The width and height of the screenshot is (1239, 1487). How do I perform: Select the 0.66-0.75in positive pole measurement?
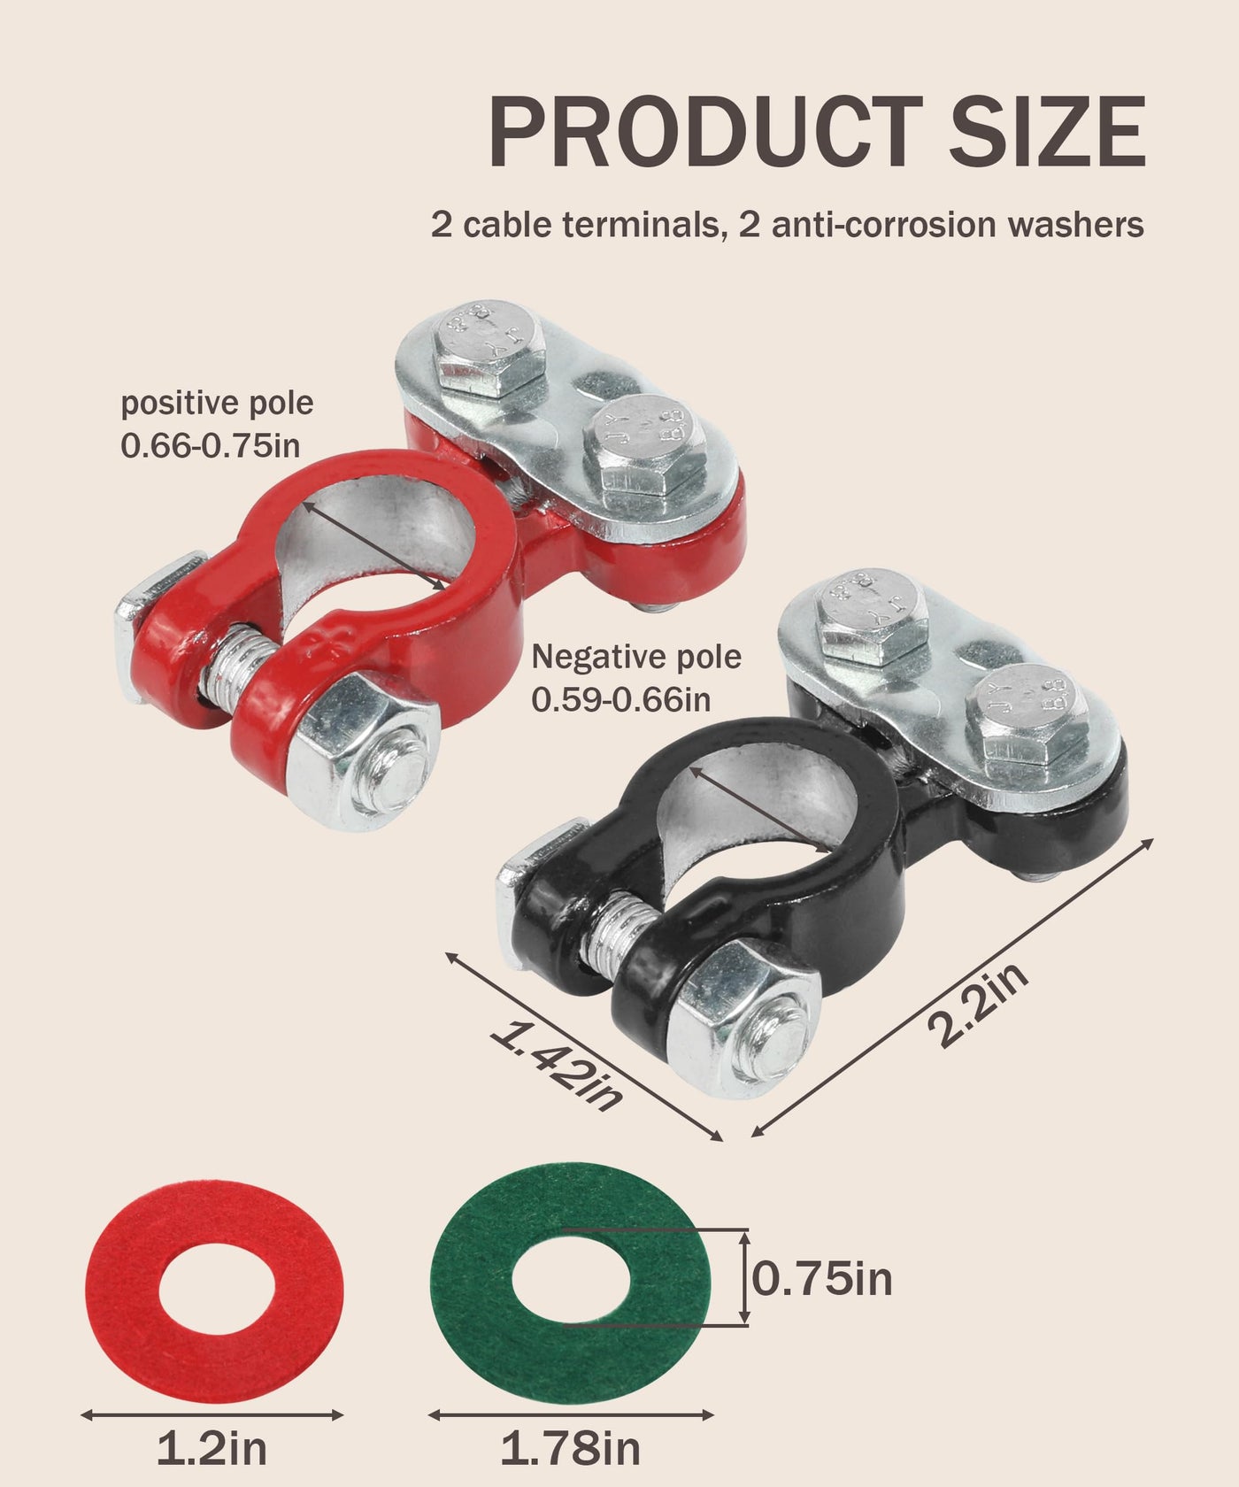(211, 445)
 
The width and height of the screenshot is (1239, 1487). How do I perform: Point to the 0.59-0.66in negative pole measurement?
(621, 699)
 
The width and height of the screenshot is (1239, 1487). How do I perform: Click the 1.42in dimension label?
(556, 1066)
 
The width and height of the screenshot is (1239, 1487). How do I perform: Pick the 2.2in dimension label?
(978, 1004)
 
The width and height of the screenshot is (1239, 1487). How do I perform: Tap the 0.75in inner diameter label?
(822, 1278)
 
